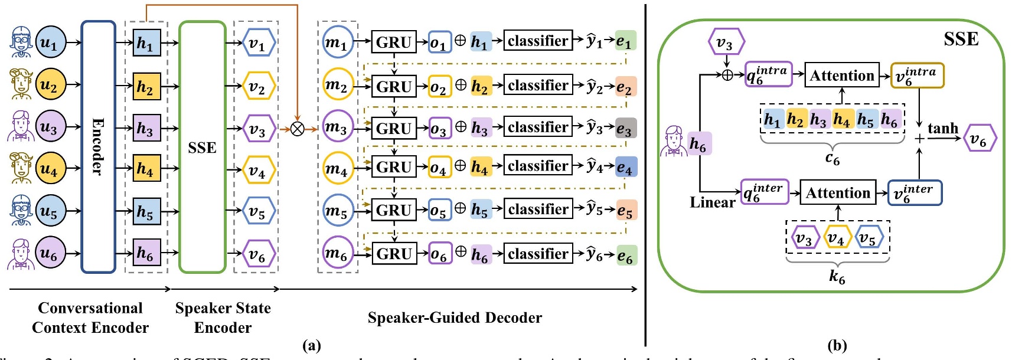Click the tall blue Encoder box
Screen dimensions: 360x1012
[98, 147]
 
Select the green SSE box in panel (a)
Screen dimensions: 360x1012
[202, 147]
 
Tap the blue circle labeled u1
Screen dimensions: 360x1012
[50, 42]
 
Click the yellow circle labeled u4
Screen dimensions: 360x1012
[50, 169]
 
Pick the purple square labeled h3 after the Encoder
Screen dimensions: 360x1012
[146, 128]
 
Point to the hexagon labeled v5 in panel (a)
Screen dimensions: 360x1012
[257, 211]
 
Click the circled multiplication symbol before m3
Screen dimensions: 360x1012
[297, 128]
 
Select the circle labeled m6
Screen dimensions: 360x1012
[337, 254]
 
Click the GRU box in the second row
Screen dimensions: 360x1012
[394, 87]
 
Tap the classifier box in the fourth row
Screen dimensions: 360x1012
[538, 166]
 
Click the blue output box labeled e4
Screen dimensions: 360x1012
[625, 168]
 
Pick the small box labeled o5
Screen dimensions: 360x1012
[439, 211]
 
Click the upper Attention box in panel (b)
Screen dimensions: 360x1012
[841, 76]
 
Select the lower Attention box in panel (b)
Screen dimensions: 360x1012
[837, 193]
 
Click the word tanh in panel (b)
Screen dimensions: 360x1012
[942, 128]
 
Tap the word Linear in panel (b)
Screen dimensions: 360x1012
[712, 202]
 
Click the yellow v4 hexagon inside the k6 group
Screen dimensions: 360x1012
[836, 238]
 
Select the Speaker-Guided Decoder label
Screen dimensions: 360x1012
[455, 318]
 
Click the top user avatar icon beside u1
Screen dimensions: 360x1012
[21, 42]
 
